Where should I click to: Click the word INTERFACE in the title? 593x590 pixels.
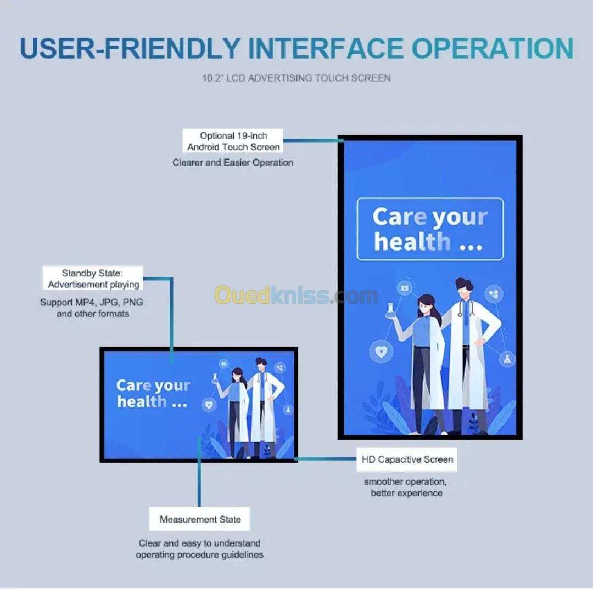coord(326,48)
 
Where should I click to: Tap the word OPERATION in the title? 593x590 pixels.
coord(493,48)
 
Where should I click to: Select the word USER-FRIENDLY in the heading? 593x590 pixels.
coord(130,48)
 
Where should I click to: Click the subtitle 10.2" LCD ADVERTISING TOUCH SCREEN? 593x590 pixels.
coord(296,78)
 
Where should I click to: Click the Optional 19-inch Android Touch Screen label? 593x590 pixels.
coord(233,141)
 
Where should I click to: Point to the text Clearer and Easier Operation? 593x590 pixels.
coord(233,163)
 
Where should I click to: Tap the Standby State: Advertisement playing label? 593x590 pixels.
coord(93,279)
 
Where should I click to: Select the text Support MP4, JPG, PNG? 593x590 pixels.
coord(92,302)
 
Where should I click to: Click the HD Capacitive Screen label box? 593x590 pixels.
coord(407,459)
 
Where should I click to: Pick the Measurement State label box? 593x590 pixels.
coord(200,519)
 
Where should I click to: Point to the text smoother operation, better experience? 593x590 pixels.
coord(406,487)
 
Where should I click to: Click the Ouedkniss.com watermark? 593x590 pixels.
coord(296,295)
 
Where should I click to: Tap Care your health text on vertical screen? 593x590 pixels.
coord(430,229)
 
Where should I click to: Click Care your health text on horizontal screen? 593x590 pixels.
coord(153,393)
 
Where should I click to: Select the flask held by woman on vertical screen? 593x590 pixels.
coord(389,310)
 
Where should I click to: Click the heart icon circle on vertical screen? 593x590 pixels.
coord(381,351)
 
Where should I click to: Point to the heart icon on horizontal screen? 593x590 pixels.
coord(209,405)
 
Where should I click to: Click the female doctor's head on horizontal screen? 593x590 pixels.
coord(237,375)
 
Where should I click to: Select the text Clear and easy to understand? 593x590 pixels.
coord(199,543)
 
